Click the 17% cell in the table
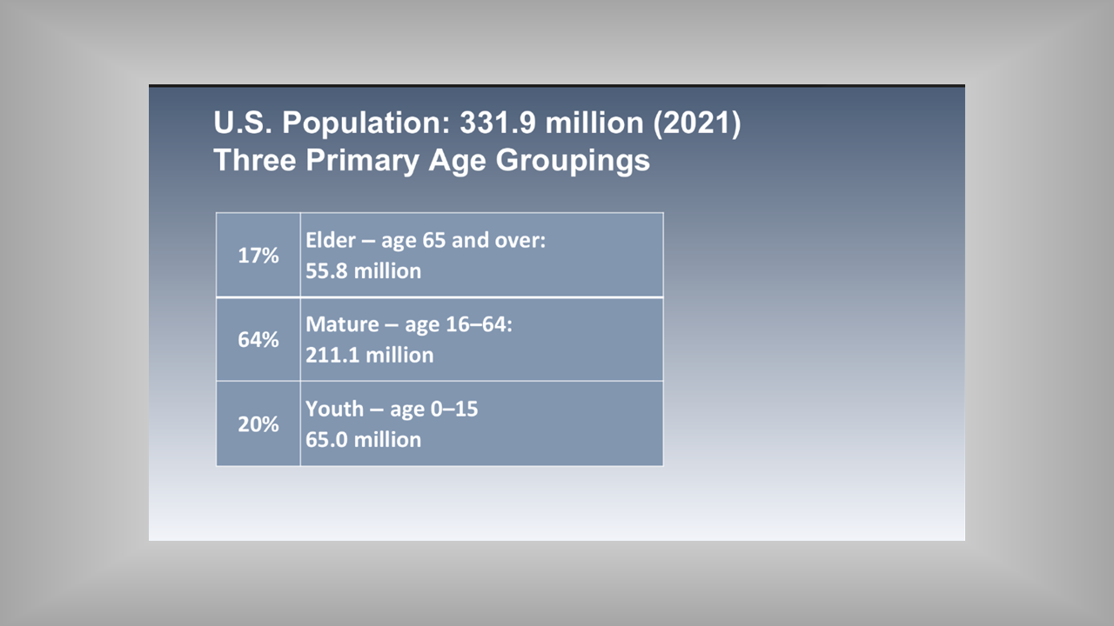tap(258, 255)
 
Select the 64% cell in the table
tap(258, 339)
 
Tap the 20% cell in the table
tap(258, 423)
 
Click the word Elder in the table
tap(330, 240)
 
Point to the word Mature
tap(342, 324)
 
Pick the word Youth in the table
tap(334, 409)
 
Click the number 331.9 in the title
tap(498, 123)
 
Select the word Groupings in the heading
tap(573, 161)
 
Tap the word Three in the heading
tap(255, 160)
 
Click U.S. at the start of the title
tap(243, 123)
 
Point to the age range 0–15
tap(454, 409)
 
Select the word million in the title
tap(594, 123)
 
